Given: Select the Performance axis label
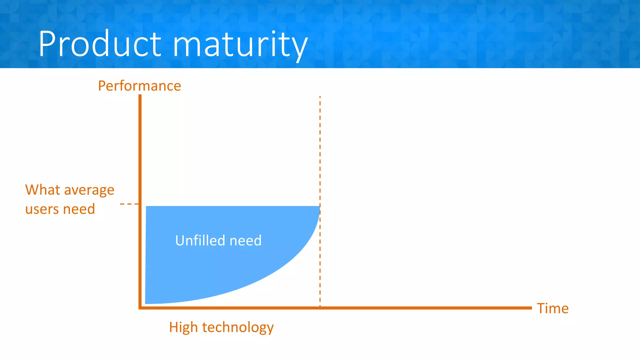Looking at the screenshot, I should pyautogui.click(x=139, y=86).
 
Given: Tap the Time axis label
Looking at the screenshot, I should pyautogui.click(x=552, y=308).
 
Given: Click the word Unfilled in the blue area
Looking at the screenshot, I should pyautogui.click(x=200, y=240).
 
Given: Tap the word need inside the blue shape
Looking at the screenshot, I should pyautogui.click(x=245, y=241).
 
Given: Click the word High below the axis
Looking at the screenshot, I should pyautogui.click(x=183, y=327).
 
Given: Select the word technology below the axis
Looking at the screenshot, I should pyautogui.click(x=238, y=328).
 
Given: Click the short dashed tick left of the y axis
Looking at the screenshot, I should pyautogui.click(x=129, y=204).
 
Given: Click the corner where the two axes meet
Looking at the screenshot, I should pyautogui.click(x=140, y=308).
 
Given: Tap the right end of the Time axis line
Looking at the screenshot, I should pyautogui.click(x=531, y=308).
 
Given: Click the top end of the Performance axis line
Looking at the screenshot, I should pyautogui.click(x=140, y=96).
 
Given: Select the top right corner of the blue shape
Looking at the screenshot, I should pyautogui.click(x=319, y=207).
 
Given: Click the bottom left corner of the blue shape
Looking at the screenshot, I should pyautogui.click(x=146, y=303).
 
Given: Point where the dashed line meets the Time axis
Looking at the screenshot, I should pyautogui.click(x=320, y=308).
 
